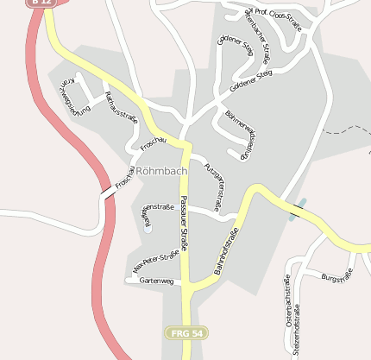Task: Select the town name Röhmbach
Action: (161, 171)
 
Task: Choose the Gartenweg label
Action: (156, 281)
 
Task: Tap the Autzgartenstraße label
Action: (216, 181)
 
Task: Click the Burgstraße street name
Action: (337, 277)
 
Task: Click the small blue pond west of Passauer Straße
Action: (147, 229)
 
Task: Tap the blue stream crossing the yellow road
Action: (299, 212)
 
